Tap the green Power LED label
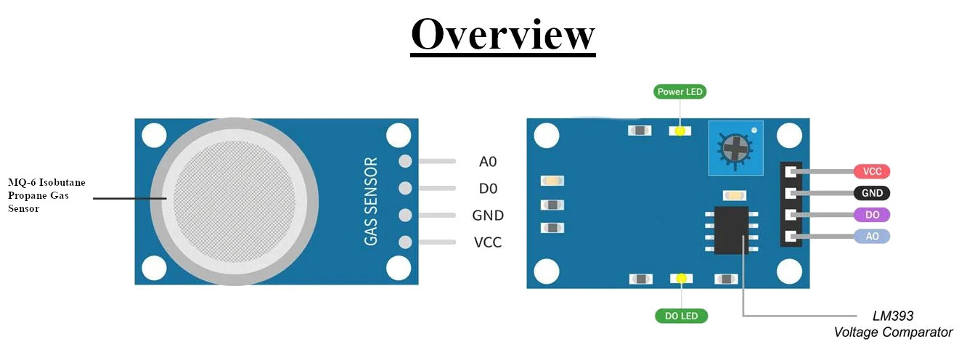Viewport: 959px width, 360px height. click(680, 91)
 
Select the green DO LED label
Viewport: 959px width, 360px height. click(681, 316)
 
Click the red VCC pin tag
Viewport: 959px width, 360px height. click(872, 171)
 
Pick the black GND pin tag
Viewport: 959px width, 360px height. click(872, 193)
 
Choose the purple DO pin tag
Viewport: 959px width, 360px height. click(872, 214)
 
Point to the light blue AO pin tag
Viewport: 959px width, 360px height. click(872, 237)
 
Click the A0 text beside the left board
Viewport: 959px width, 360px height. click(488, 162)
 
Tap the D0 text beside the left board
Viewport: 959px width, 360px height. click(488, 189)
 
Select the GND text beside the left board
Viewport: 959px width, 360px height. click(488, 216)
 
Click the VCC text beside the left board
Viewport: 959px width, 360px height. click(488, 242)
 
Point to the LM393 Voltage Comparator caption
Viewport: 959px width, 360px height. click(893, 324)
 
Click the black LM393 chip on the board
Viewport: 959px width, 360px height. click(732, 230)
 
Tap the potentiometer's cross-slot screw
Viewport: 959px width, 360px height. click(735, 148)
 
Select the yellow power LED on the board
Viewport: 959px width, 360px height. click(680, 131)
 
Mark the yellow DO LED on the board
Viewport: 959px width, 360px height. click(681, 279)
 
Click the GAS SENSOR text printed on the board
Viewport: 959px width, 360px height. click(371, 201)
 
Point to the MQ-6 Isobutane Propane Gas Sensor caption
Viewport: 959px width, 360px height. click(46, 196)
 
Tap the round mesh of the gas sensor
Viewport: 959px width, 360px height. click(234, 202)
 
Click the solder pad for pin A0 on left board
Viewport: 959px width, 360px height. click(405, 161)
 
